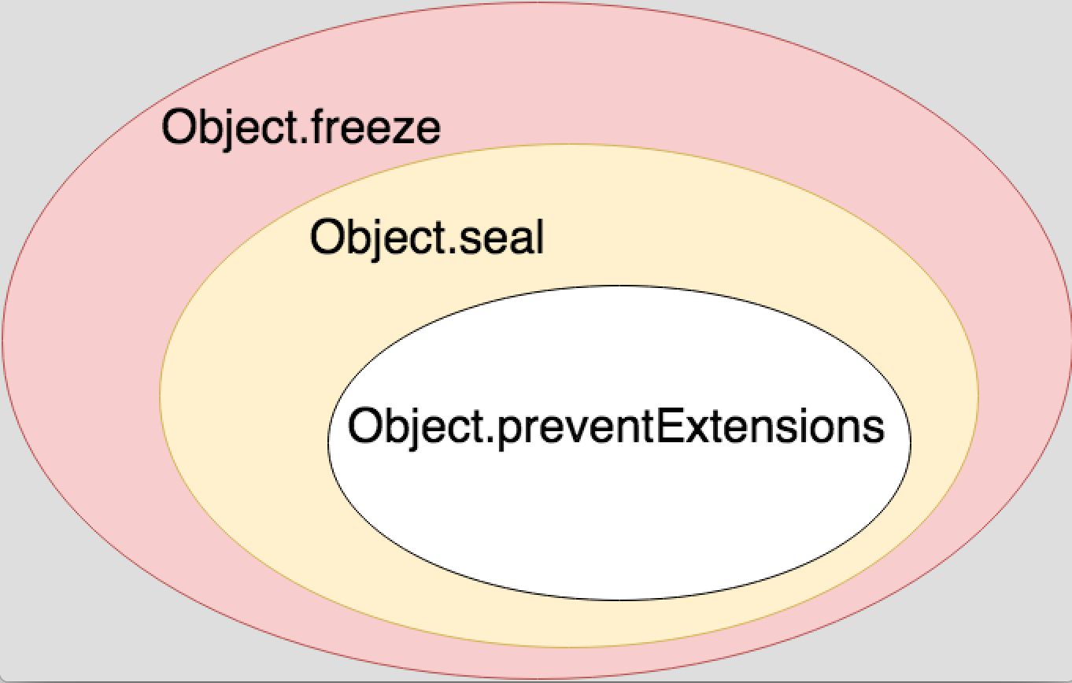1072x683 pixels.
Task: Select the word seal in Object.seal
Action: pos(501,237)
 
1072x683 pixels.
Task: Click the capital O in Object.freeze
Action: pos(178,127)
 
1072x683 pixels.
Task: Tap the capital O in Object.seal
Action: pos(327,237)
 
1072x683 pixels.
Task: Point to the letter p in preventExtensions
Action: pos(505,431)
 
